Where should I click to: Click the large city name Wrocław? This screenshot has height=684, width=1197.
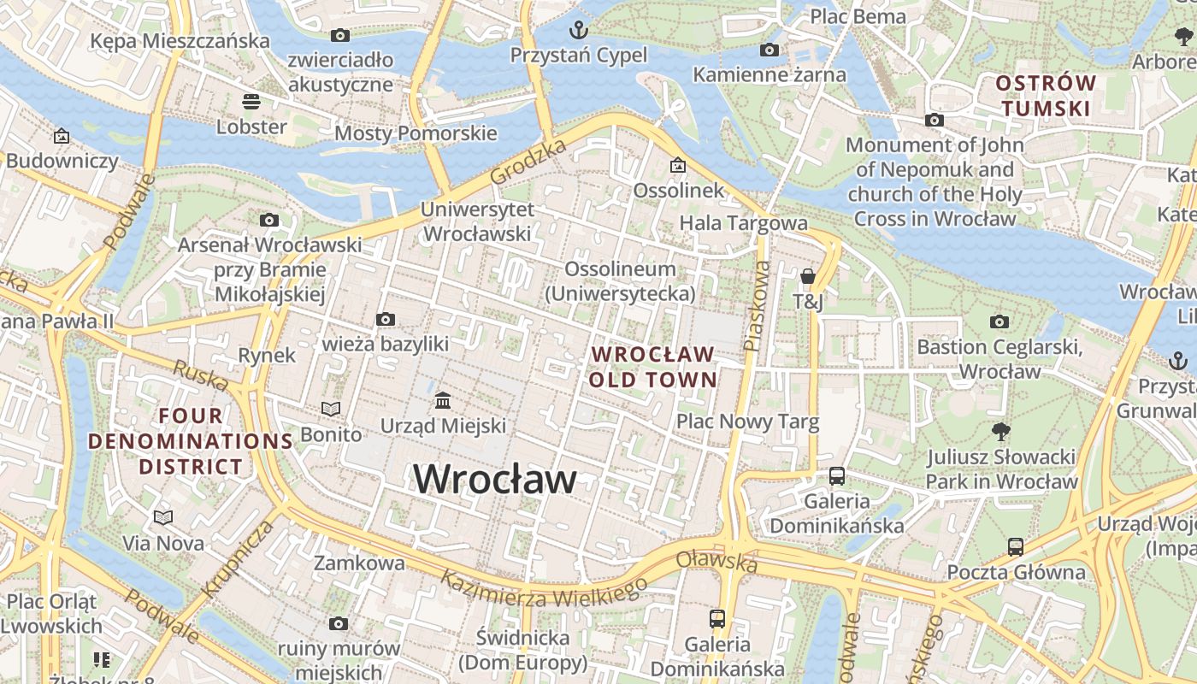(495, 479)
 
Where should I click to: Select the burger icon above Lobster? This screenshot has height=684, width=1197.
(251, 102)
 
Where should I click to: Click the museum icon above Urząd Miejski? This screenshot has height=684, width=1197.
(443, 400)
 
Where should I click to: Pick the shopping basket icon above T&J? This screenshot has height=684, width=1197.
(807, 276)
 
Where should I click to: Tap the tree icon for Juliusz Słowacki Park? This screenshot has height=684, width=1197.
(1000, 432)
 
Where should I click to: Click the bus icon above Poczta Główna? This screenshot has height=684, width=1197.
(1015, 546)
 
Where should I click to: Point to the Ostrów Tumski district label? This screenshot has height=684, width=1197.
(1046, 96)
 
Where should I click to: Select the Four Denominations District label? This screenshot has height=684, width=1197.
(192, 441)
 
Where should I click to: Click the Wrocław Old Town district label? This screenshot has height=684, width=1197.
(652, 366)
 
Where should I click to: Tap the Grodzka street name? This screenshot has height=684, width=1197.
(528, 162)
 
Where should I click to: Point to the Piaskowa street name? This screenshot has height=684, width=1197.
(756, 305)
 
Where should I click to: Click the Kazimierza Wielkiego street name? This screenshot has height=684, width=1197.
(543, 590)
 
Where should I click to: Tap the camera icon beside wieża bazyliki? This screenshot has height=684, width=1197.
(386, 320)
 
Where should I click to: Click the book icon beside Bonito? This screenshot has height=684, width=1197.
(330, 409)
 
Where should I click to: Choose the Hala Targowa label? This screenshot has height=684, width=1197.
(743, 223)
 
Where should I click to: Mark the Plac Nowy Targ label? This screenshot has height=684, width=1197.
(747, 422)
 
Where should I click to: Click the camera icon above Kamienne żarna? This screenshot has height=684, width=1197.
(769, 50)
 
